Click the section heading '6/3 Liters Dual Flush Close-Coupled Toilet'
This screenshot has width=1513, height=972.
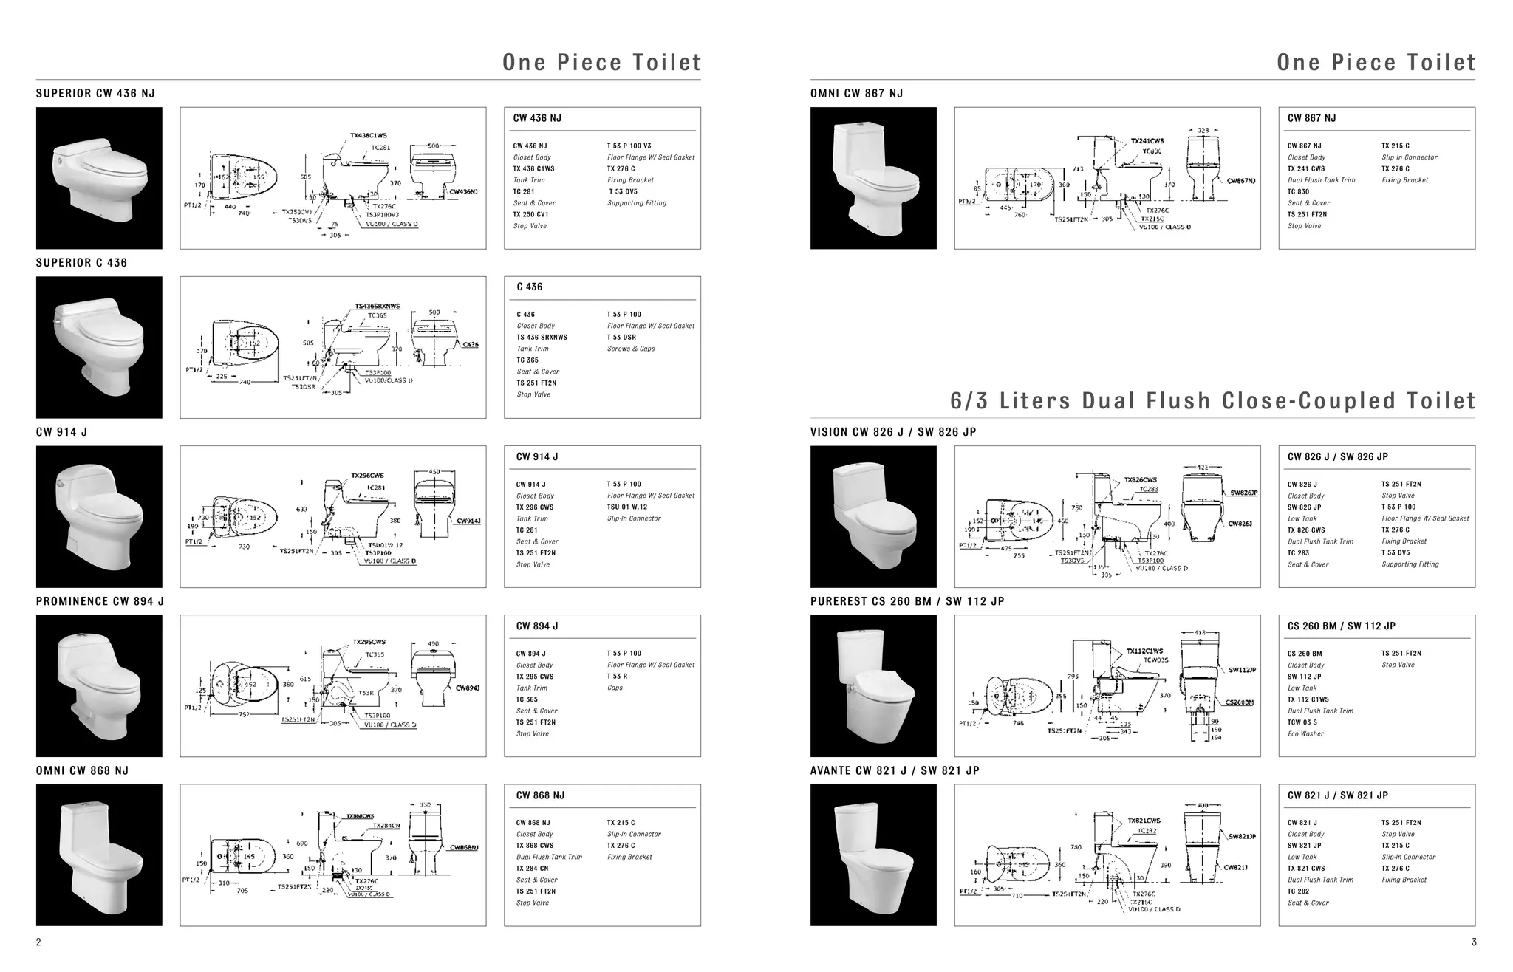coord(1212,401)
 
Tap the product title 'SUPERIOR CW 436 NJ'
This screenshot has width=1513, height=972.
coord(95,93)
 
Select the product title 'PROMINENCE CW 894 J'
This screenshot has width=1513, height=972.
coord(100,601)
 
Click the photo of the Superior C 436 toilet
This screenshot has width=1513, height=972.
coord(99,347)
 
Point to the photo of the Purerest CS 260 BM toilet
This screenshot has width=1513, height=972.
coord(873,685)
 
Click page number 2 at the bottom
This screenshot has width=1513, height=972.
coord(38,942)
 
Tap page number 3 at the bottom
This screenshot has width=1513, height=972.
coord(1474,942)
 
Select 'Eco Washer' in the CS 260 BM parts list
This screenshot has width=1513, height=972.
coord(1305,734)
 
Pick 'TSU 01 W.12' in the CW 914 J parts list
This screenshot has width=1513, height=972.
coord(626,507)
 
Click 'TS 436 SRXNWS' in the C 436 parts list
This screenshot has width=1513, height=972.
coord(542,338)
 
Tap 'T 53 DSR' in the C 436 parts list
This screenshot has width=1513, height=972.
coord(621,338)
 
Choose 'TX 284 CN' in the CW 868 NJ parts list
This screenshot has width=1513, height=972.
coord(532,869)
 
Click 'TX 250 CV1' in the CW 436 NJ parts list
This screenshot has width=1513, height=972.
coord(530,215)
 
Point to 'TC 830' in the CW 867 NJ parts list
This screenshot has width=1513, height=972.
coord(1298,192)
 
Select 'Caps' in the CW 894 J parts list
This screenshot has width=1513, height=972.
coord(615,688)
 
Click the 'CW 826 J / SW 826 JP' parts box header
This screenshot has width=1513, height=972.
coord(1337,457)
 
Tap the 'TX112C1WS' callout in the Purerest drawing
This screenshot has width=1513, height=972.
coord(1144,651)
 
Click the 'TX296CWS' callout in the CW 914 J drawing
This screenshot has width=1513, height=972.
coord(367,476)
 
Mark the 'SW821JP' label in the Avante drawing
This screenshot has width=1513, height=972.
coord(1242,837)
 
